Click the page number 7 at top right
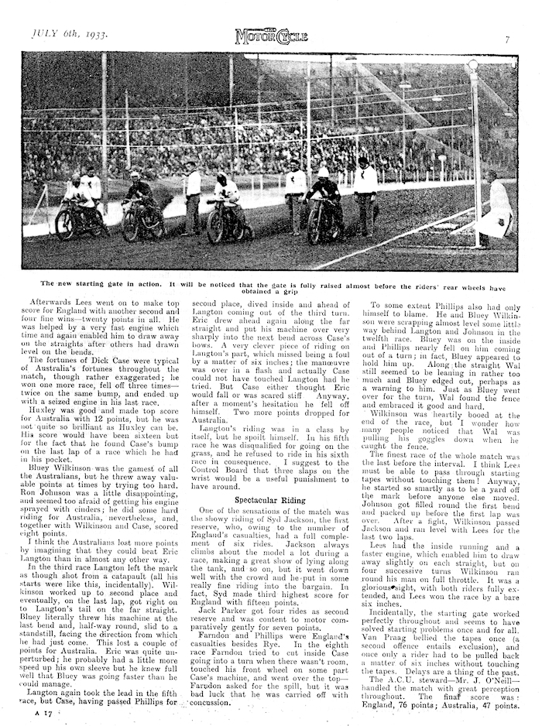tap(507, 38)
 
